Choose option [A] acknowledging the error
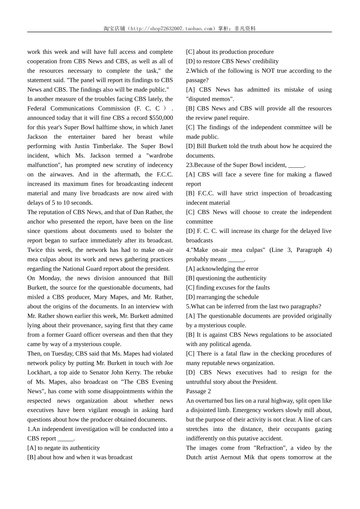222,269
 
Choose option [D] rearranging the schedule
222,297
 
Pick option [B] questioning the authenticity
226,278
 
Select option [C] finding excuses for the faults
228,287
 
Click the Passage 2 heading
198,391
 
